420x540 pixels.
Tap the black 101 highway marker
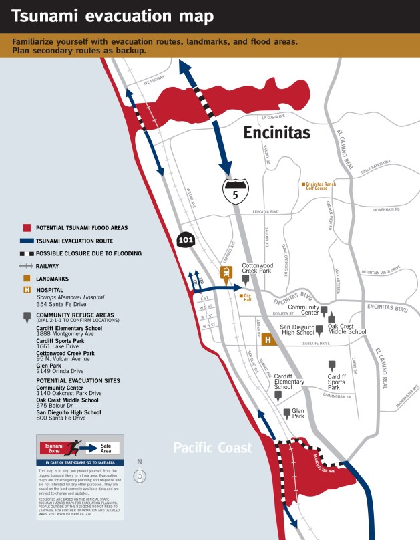pyautogui.click(x=186, y=240)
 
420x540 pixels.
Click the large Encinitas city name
pyautogui.click(x=276, y=133)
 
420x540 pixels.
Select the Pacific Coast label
pyautogui.click(x=213, y=448)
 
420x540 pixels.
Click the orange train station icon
pyautogui.click(x=227, y=272)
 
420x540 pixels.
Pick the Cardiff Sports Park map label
pyautogui.click(x=337, y=382)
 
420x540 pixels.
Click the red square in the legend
pyautogui.click(x=27, y=228)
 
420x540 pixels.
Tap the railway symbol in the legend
pyautogui.click(x=27, y=266)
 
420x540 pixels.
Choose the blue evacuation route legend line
pyautogui.click(x=27, y=241)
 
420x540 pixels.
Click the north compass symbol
pyautogui.click(x=140, y=476)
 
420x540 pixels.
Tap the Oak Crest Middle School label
pyautogui.click(x=347, y=329)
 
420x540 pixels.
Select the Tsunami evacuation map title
pyautogui.click(x=113, y=17)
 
